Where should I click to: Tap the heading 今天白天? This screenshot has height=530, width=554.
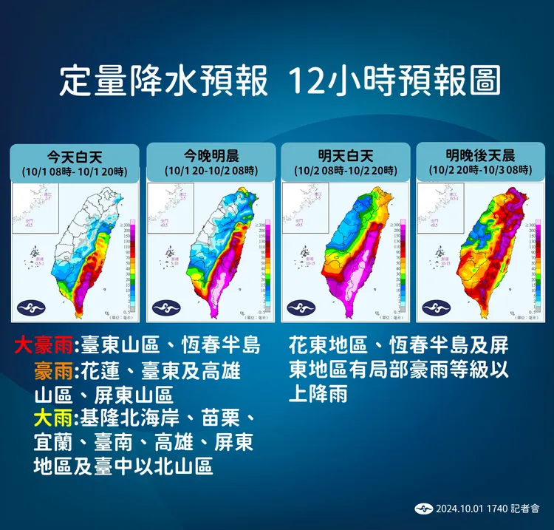(x=74, y=156)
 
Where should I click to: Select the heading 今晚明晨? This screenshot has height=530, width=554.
(x=211, y=156)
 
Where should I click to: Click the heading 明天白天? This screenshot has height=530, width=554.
(x=346, y=156)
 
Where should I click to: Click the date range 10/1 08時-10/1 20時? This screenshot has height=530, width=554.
(x=74, y=171)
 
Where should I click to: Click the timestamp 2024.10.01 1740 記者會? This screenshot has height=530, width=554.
(x=488, y=508)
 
